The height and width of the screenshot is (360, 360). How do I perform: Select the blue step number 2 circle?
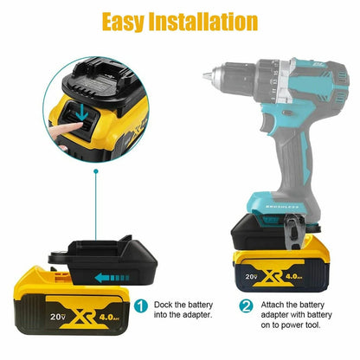point(246,305)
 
